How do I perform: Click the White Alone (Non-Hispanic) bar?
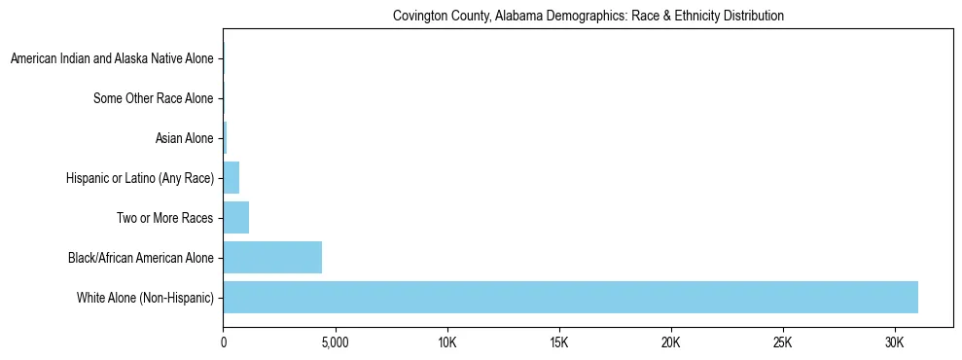pos(570,297)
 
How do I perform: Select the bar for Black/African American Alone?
pos(272,258)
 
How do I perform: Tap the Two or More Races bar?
pos(236,218)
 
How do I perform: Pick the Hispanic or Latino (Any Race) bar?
pos(232,178)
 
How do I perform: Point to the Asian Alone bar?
pos(225,138)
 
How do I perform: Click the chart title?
pos(588,17)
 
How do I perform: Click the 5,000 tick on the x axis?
pos(335,343)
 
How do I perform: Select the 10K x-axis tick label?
pos(447,343)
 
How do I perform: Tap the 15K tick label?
pos(559,343)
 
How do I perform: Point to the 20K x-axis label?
pos(671,343)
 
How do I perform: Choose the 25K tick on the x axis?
pos(783,343)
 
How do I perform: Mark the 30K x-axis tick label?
pos(895,343)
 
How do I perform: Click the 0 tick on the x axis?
pos(224,343)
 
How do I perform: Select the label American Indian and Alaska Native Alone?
pos(112,59)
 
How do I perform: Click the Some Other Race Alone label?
pos(153,98)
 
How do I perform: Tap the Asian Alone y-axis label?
pos(184,138)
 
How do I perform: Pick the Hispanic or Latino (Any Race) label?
pos(139,178)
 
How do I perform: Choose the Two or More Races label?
pos(164,218)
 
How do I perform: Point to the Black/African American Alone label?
pos(140,258)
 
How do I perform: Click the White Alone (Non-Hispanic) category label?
pos(145,297)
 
